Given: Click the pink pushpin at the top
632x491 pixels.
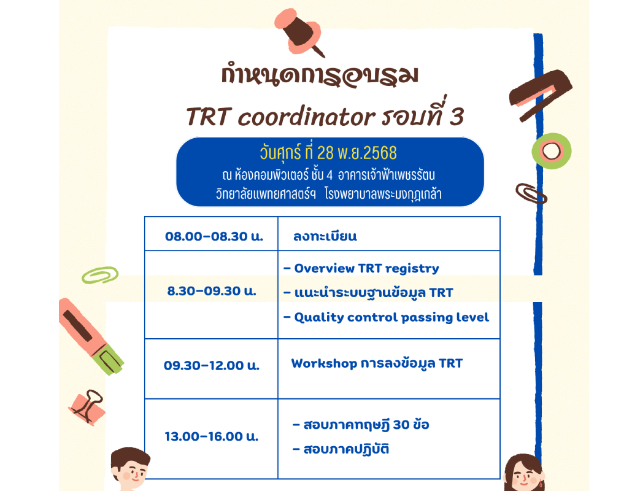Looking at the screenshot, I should [x=301, y=31].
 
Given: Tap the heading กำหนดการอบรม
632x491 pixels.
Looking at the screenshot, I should [x=320, y=76].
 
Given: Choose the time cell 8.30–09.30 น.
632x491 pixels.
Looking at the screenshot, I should [x=212, y=292].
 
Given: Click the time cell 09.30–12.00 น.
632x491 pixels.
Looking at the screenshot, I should [x=212, y=366].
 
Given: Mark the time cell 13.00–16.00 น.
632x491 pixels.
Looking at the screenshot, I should [x=212, y=437].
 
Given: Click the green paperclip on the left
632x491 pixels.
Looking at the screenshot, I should [x=100, y=275].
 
